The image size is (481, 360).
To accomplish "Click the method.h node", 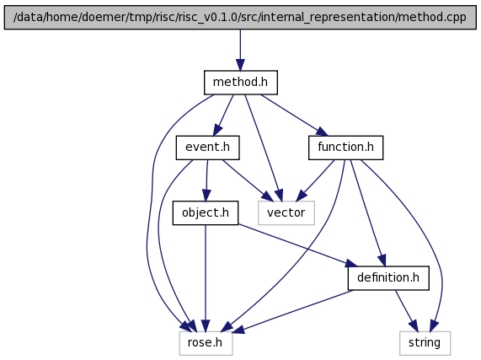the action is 241,83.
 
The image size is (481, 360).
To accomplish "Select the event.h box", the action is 208,148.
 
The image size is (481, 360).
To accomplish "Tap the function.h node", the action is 345,148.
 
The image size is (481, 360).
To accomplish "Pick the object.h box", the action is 206,213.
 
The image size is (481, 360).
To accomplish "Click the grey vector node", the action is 286,213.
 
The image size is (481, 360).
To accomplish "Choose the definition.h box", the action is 388,278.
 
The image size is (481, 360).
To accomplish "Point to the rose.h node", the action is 206,343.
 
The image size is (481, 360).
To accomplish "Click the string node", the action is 425,343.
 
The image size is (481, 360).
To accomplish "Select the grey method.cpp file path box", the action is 240,17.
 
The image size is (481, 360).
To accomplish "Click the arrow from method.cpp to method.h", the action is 240,50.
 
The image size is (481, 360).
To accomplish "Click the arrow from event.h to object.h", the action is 206,180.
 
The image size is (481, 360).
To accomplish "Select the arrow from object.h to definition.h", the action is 297,246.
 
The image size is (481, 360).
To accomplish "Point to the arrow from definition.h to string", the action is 407,310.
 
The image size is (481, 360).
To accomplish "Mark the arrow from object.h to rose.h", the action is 206,278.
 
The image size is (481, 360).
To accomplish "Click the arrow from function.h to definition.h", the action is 368,213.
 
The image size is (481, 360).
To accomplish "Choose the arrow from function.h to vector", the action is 315,180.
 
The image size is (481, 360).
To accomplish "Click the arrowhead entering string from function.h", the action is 435,325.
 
